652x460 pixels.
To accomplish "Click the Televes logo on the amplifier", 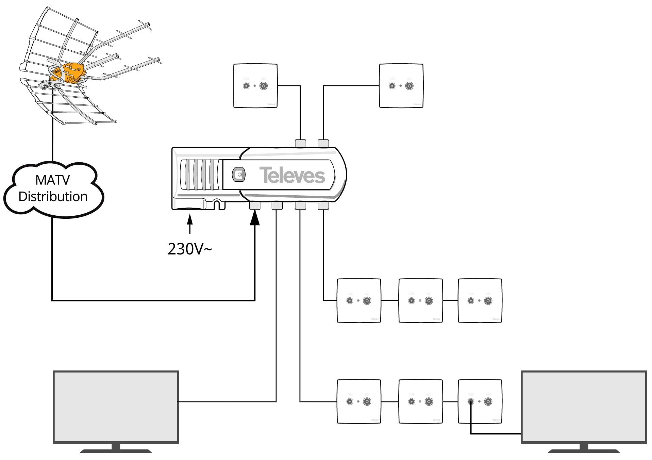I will (x=292, y=175).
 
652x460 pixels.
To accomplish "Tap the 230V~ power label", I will (x=189, y=249).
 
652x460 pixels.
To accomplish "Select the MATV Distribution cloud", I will (x=53, y=189).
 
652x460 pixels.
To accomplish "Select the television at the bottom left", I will (x=116, y=407).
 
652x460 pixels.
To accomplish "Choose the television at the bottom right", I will (x=584, y=407).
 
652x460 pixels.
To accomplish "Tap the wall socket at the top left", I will (x=255, y=86).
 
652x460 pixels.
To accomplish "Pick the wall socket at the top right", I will (x=401, y=86).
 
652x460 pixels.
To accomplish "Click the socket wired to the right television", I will (x=480, y=401).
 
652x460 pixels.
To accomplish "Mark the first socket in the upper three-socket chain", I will (x=359, y=300).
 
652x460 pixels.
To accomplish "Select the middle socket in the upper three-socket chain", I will (x=420, y=300).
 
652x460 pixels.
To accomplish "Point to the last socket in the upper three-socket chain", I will (x=480, y=300).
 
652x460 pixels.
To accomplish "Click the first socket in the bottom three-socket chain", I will (x=359, y=401).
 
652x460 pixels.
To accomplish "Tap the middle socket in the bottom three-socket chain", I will (x=420, y=401).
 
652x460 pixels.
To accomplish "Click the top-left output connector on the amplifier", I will (x=300, y=143).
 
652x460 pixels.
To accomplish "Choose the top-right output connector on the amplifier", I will (x=323, y=143).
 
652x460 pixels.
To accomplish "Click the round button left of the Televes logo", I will (x=239, y=175).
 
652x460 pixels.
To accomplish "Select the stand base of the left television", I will (x=116, y=451).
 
